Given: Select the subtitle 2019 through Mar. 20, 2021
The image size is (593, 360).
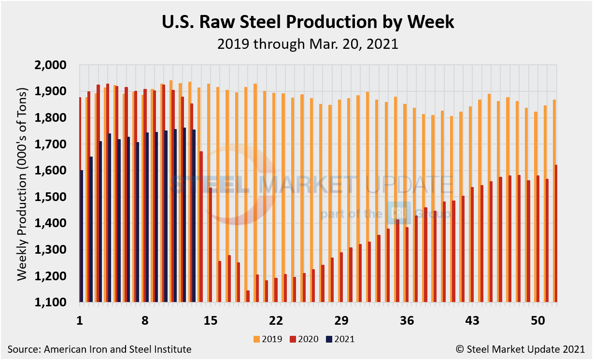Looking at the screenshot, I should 307,44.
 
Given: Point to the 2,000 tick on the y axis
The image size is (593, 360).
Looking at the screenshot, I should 57,65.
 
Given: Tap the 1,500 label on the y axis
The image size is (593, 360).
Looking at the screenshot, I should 57,197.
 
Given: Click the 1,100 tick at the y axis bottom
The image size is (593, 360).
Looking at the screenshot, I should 57,302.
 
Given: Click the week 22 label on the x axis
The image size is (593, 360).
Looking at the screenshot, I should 276,320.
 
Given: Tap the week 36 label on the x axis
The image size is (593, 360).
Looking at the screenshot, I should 407,320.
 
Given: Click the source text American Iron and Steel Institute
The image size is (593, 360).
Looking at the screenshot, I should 99,349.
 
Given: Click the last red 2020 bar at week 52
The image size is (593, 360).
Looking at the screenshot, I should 556,234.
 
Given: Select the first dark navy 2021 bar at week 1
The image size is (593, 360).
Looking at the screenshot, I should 82,236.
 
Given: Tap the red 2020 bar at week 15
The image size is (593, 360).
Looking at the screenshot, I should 211,245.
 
